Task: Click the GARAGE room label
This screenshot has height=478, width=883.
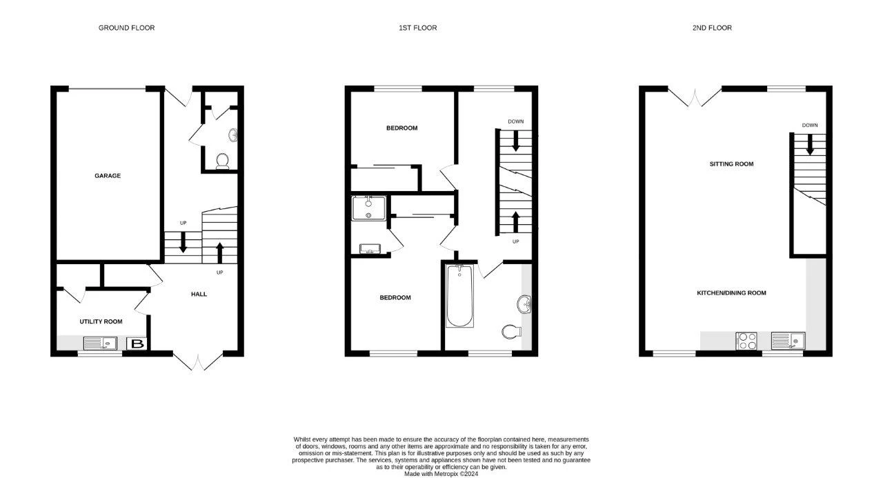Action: click(108, 176)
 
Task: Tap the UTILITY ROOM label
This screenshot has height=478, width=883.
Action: click(101, 321)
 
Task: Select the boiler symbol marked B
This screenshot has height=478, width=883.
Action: click(137, 343)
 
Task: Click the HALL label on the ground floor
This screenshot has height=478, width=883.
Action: click(199, 294)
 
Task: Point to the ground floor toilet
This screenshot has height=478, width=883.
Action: click(222, 161)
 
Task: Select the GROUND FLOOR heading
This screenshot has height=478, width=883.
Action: click(126, 28)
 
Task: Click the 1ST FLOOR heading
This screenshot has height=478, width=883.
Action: click(417, 28)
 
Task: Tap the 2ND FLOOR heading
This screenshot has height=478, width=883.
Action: click(712, 28)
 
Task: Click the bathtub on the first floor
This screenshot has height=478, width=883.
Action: click(459, 297)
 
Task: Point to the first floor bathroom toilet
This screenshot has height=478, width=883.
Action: click(511, 332)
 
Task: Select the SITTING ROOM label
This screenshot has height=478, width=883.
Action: click(731, 164)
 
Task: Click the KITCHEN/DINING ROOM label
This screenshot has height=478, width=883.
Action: click(731, 293)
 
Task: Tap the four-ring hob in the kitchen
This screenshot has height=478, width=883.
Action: click(747, 341)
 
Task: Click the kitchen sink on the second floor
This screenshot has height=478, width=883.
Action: click(788, 340)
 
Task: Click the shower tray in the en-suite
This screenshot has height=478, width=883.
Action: click(367, 208)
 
